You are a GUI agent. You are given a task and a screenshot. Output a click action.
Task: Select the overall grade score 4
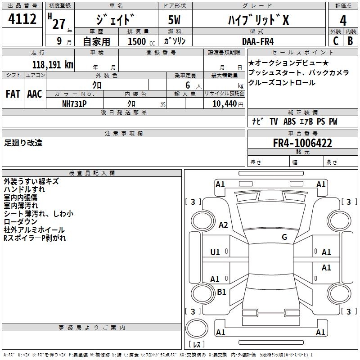click(343, 20)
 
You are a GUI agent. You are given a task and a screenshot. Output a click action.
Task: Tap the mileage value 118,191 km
click(53, 64)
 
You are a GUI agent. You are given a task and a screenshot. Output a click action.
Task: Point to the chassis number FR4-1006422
click(303, 144)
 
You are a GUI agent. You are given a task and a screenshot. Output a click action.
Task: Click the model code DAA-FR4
click(257, 41)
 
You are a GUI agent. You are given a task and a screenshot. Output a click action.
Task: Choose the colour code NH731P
click(74, 103)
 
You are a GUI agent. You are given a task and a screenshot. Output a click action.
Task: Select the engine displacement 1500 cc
click(138, 41)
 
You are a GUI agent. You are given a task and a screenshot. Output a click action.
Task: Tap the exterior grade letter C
click(336, 40)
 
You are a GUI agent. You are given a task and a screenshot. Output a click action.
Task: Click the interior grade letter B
click(350, 40)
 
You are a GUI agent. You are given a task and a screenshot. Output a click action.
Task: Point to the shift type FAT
click(13, 94)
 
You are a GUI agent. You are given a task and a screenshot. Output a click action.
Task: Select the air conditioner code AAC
click(35, 94)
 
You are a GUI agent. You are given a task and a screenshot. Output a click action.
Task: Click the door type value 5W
click(175, 20)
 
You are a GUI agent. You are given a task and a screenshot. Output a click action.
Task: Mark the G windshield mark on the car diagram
click(284, 237)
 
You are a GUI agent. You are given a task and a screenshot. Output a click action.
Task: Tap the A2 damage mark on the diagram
click(223, 225)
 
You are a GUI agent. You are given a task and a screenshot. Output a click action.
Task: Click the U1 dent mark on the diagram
click(215, 252)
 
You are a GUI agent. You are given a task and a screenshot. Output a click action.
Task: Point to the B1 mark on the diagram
click(221, 292)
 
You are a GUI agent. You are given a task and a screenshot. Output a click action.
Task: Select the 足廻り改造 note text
click(23, 143)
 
